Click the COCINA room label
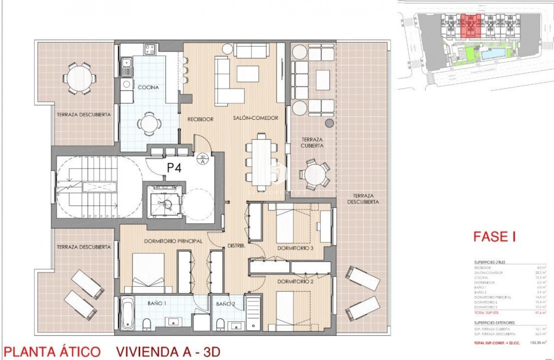click(148, 87)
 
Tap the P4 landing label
click(174, 168)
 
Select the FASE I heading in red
click(494, 237)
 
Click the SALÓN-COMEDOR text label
click(256, 119)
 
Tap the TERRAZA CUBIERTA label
click(312, 142)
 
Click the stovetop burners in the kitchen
click(150, 50)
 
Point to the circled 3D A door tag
click(203, 158)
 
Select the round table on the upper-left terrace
click(79, 78)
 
